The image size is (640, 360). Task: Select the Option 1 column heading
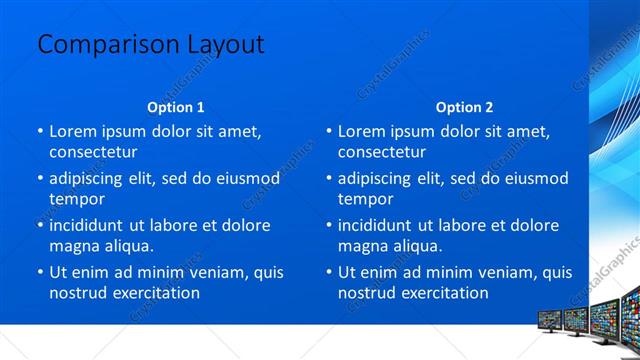coord(176,107)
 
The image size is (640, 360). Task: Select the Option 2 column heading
coord(464,107)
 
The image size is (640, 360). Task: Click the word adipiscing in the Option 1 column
coord(95,178)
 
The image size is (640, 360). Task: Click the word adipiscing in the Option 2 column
coord(384,178)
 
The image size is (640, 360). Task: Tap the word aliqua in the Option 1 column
coord(128,246)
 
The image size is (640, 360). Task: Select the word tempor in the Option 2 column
coord(366,199)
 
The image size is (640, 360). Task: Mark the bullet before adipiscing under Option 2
coord(329,178)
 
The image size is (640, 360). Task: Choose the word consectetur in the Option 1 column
coord(93,152)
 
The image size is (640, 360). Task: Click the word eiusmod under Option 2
coord(528,178)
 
